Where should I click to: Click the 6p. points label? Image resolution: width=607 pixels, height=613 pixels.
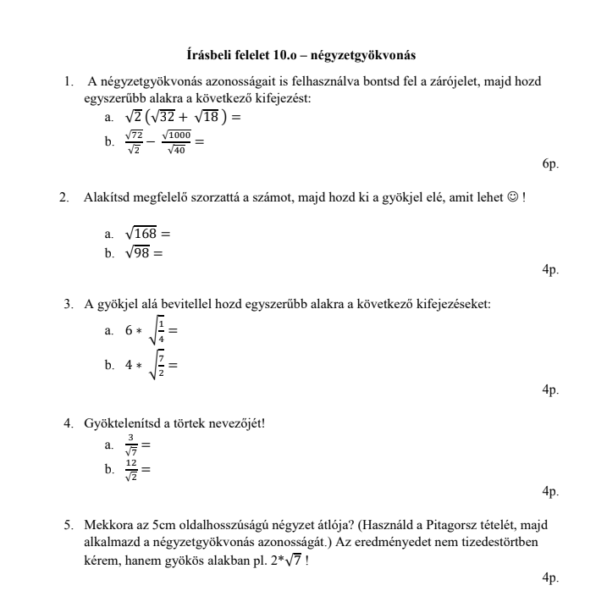tap(550, 163)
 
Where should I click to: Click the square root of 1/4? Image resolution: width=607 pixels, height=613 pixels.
tap(155, 330)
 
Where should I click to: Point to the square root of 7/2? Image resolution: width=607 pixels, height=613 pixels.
tap(155, 366)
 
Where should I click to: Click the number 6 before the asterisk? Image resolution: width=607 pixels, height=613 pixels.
tap(129, 330)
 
